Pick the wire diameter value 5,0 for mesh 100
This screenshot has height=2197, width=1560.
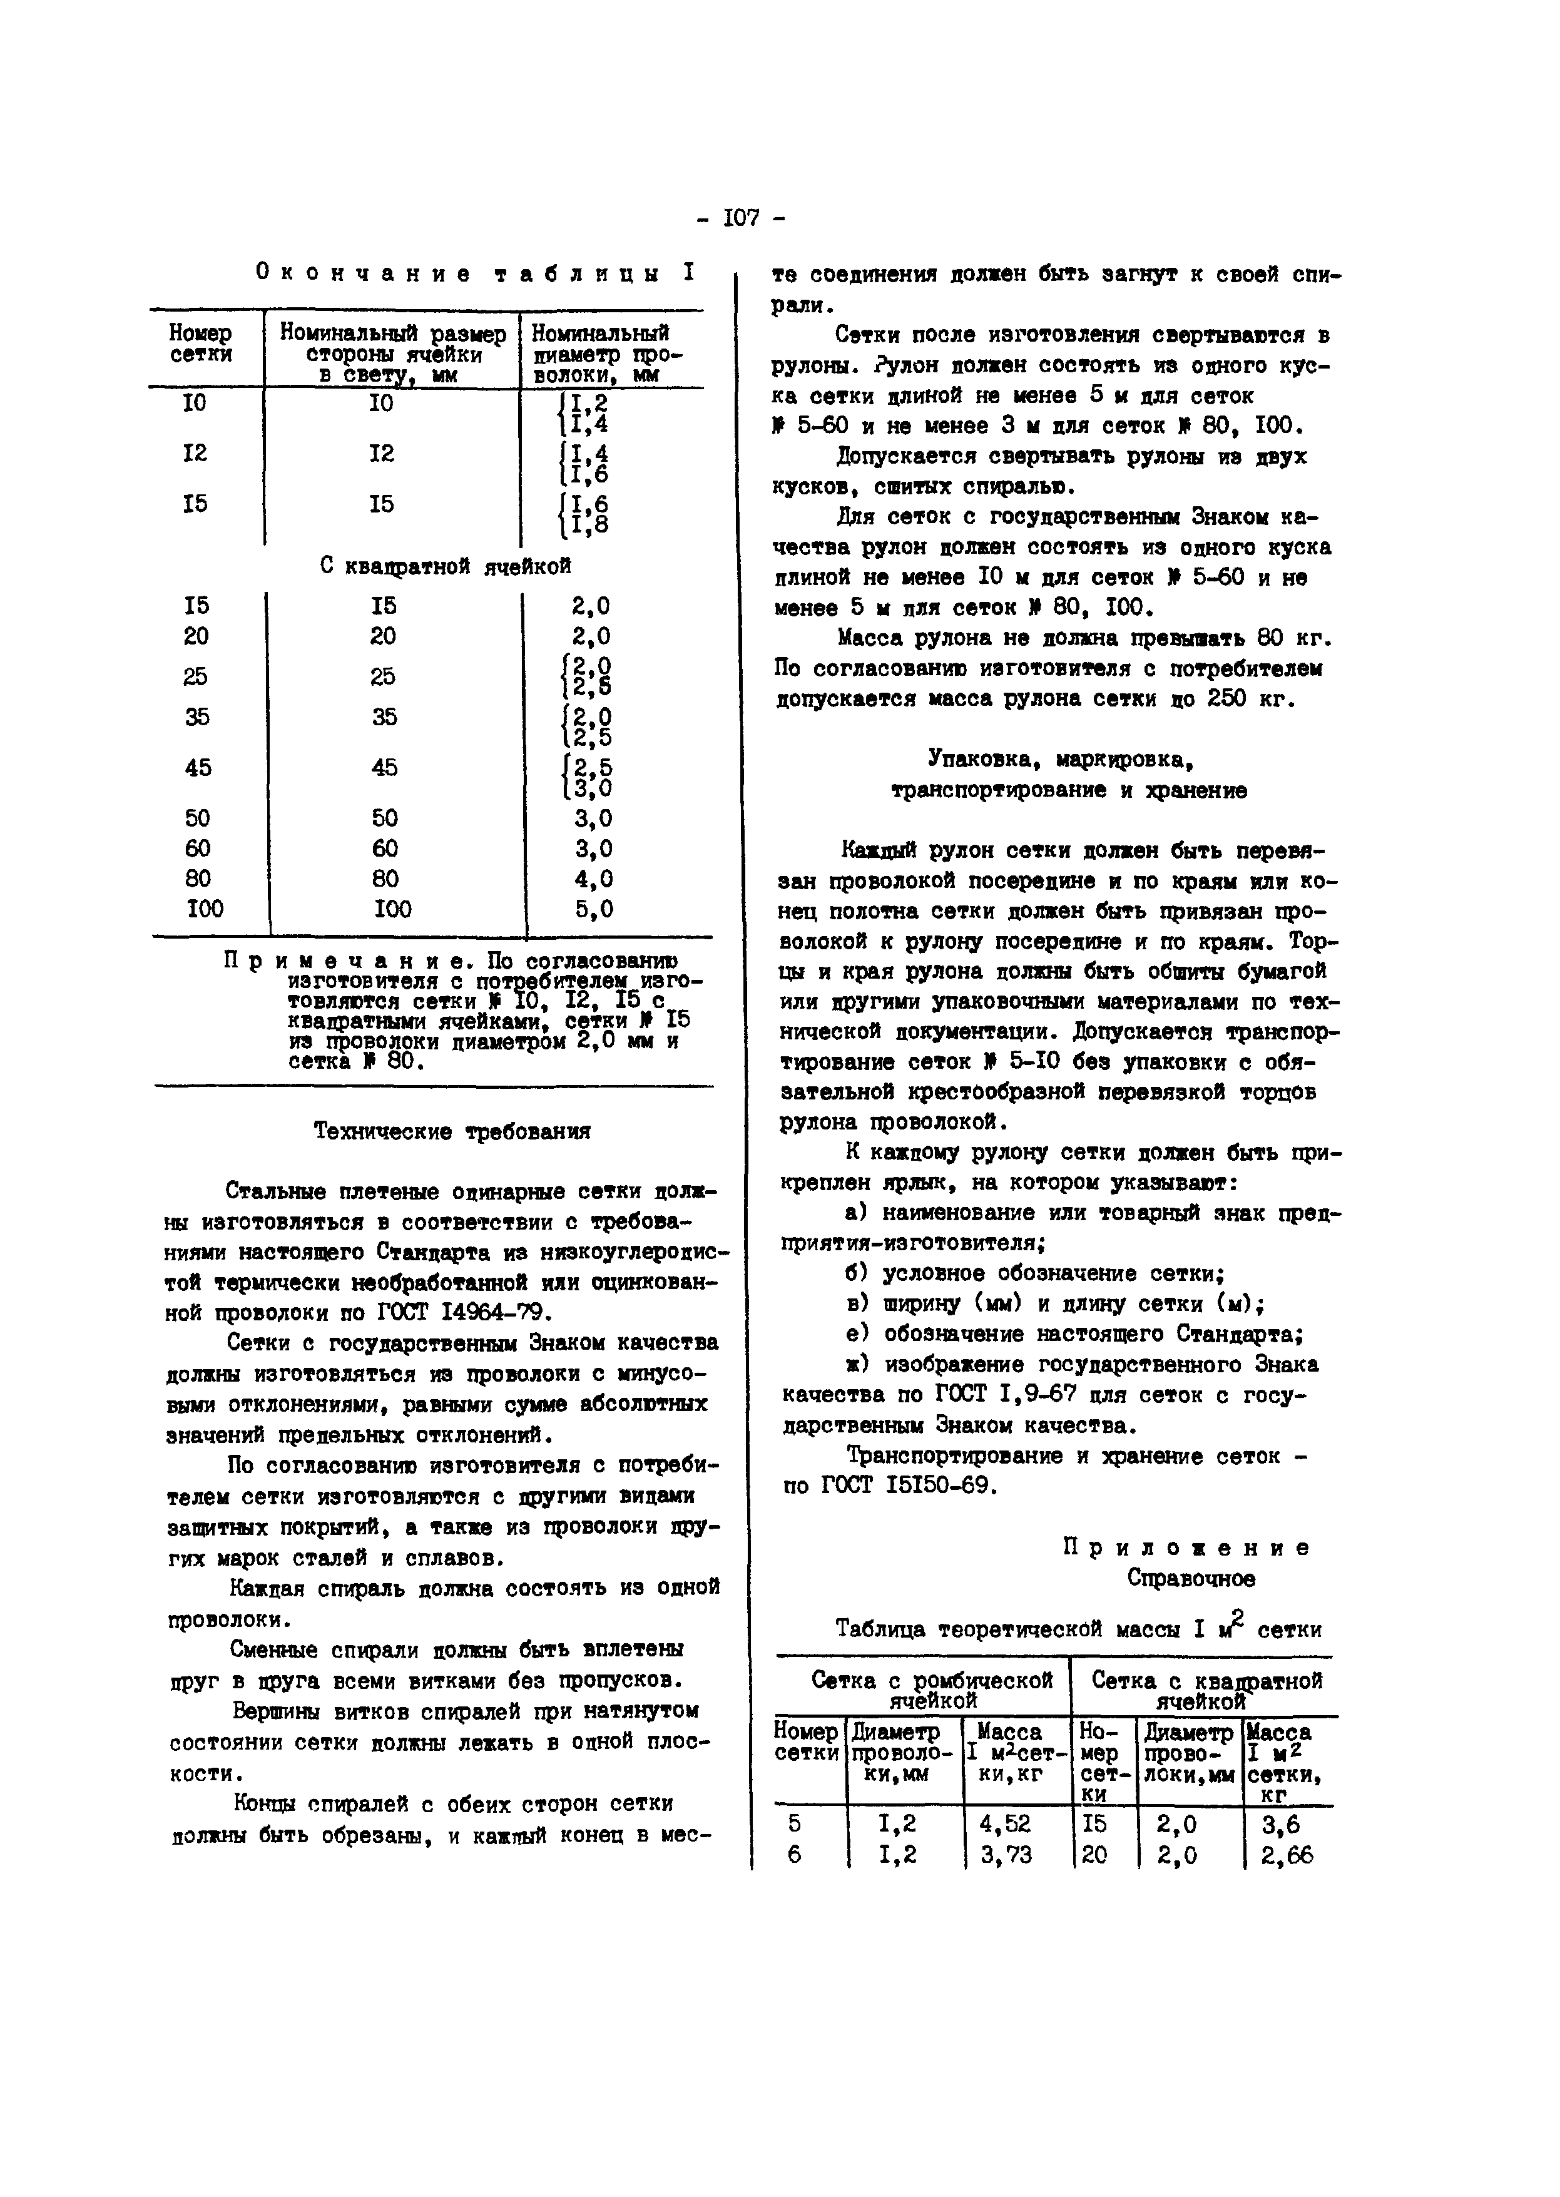pos(594,909)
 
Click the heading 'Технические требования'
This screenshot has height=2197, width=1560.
pos(452,1131)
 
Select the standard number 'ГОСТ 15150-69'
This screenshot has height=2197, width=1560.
pos(909,1485)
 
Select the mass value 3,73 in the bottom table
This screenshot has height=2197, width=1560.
pos(1005,1855)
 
